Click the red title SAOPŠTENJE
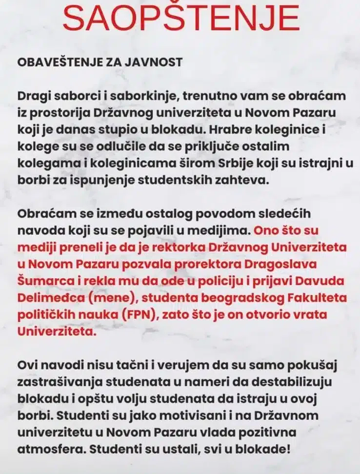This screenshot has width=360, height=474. tap(180, 19)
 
